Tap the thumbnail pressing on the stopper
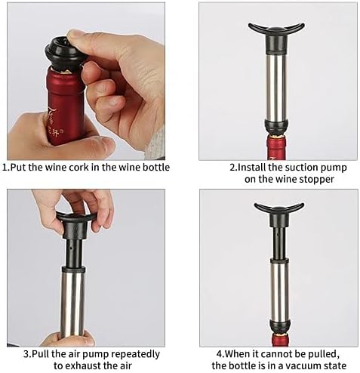[76, 35]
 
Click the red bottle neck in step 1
[65, 106]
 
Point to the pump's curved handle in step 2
[276, 29]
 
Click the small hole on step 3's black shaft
[72, 248]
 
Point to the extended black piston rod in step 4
[278, 243]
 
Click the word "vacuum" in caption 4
[297, 365]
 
